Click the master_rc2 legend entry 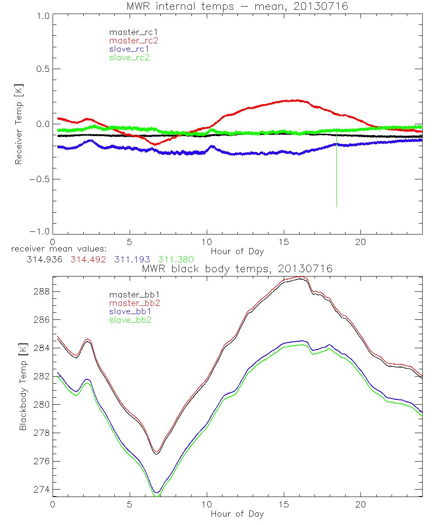click(x=134, y=41)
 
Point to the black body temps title click(x=237, y=269)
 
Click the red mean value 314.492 click(x=88, y=259)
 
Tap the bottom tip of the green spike click(x=336, y=207)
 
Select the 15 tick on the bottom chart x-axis click(x=284, y=504)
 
